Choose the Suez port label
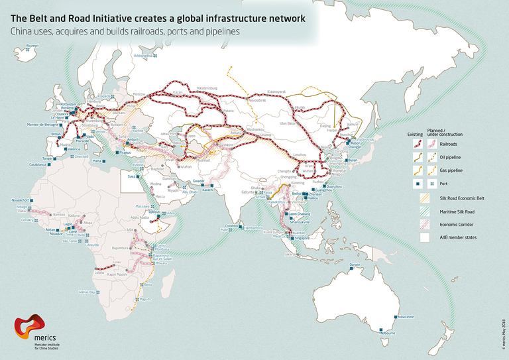tap(131, 177)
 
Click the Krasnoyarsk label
tap(276, 91)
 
